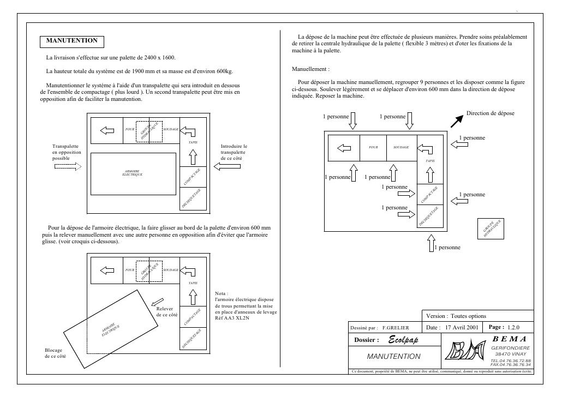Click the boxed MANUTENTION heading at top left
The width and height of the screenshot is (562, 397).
point(72,41)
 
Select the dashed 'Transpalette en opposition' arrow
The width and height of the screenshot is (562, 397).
point(67,166)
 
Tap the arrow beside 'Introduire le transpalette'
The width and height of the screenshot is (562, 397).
point(226,166)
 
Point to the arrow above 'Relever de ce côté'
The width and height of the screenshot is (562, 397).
point(157,300)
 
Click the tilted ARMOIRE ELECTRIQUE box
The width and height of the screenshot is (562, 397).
point(109,329)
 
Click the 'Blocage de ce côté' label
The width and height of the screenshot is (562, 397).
point(55,353)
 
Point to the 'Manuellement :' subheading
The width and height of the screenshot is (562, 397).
point(311,70)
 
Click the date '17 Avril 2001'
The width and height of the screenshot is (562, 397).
point(462,327)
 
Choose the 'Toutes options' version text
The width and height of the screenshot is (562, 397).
point(468,316)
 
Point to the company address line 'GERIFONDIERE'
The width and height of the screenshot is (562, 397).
point(511,347)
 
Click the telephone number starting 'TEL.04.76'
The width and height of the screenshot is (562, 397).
point(511,360)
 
